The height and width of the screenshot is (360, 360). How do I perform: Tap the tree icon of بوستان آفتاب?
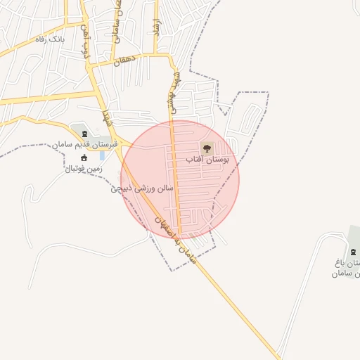[206, 148]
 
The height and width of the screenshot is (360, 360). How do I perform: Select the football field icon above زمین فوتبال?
[85, 158]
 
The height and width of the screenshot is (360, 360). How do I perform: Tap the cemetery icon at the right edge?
[352, 252]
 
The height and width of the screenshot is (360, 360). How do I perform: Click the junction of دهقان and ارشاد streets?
[167, 55]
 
